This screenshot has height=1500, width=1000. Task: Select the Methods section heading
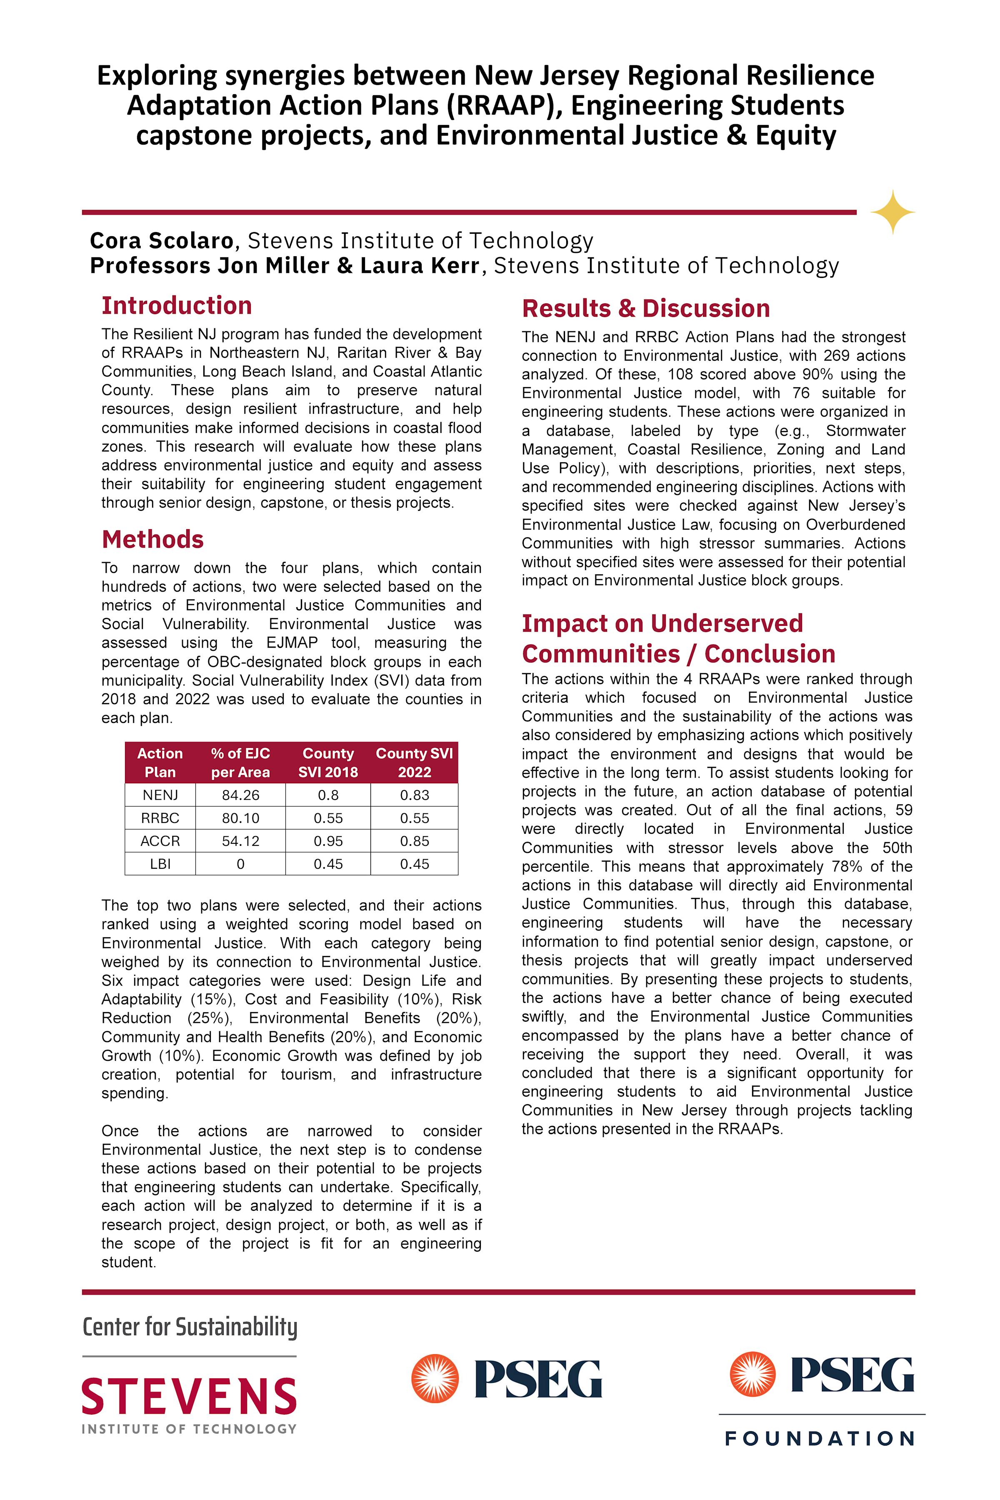[x=152, y=540]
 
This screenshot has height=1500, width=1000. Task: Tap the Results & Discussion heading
[x=645, y=309]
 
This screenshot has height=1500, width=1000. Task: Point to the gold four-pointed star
[x=892, y=212]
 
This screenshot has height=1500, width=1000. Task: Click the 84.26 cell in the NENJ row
[x=240, y=795]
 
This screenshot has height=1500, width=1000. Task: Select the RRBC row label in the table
[x=160, y=818]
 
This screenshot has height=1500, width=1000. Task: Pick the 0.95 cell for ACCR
[x=328, y=841]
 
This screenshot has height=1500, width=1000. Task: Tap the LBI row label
[x=160, y=864]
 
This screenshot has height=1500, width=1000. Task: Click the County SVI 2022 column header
[x=415, y=763]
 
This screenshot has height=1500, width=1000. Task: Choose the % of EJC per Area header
[x=240, y=763]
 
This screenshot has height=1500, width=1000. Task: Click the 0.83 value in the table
[x=415, y=795]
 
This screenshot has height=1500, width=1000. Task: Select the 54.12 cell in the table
[x=240, y=841]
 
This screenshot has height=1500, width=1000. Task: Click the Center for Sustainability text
[x=190, y=1327]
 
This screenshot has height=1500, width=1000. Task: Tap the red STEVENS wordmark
[x=190, y=1396]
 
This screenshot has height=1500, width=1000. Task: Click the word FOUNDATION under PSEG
[x=820, y=1439]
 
